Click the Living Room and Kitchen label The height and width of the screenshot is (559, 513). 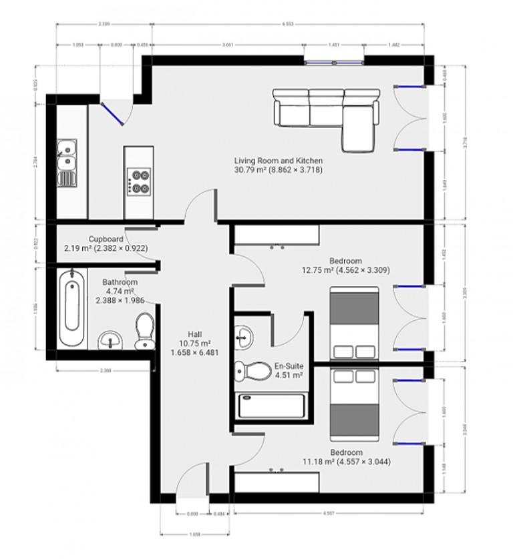coord(278,165)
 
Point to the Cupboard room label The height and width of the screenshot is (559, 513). coord(106,243)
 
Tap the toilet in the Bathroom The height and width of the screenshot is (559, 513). coord(143,332)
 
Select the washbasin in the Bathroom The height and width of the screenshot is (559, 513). coord(110,342)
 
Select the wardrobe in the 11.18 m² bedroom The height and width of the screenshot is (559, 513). coord(275,480)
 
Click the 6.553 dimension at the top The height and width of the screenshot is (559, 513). coord(288,23)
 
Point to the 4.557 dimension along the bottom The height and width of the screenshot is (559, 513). coord(329,514)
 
